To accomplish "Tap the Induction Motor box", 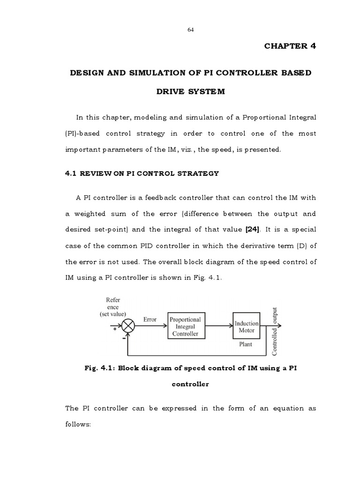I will pyautogui.click(x=247, y=327).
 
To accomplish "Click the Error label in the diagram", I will pyautogui.click(x=150, y=320).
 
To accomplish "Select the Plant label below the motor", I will pyautogui.click(x=246, y=344).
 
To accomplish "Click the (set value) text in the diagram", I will pyautogui.click(x=112, y=315).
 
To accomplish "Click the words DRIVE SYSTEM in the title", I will pyautogui.click(x=190, y=91).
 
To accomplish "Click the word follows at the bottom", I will pyautogui.click(x=80, y=424).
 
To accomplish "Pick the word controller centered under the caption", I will pyautogui.click(x=190, y=384).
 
